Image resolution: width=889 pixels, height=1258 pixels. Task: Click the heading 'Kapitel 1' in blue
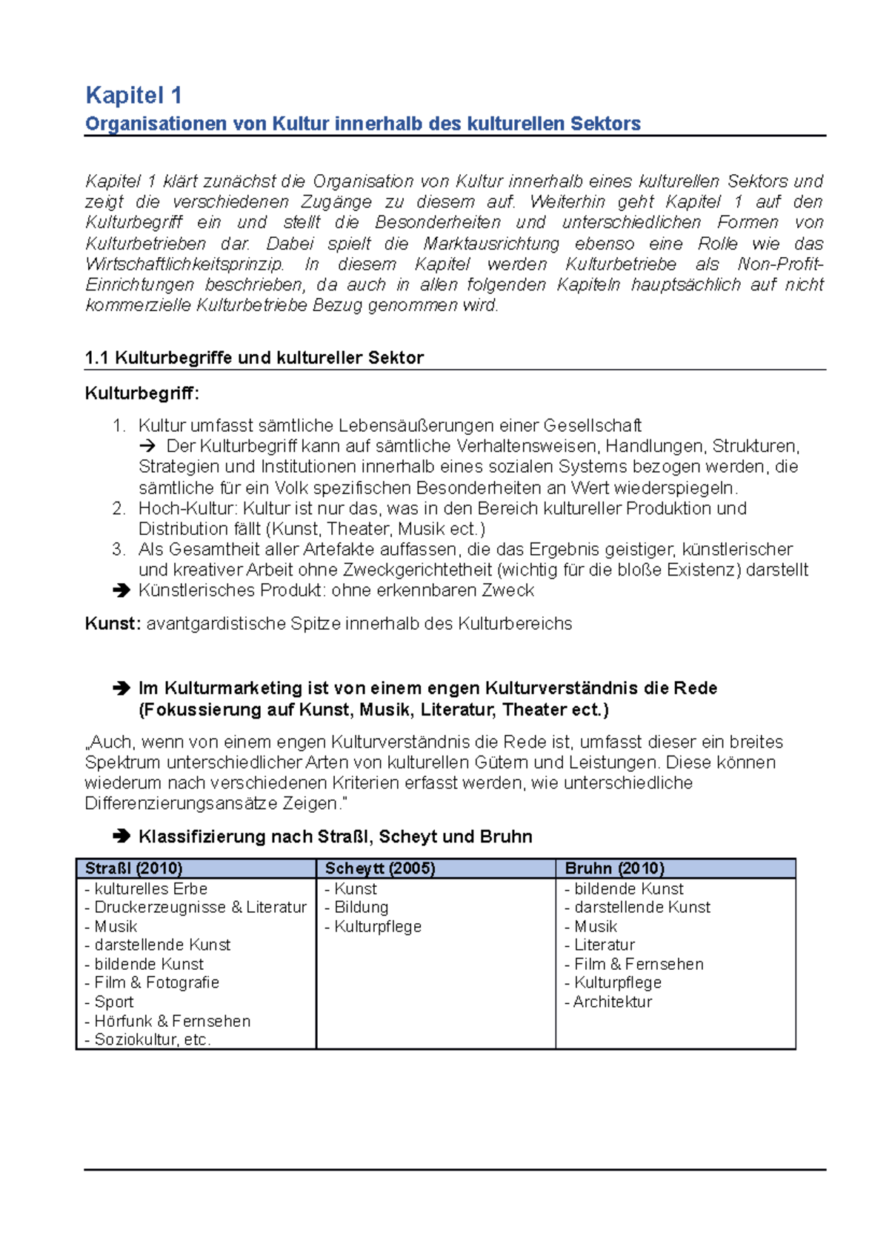pyautogui.click(x=133, y=96)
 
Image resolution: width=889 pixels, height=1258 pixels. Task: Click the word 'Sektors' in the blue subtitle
pyautogui.click(x=605, y=124)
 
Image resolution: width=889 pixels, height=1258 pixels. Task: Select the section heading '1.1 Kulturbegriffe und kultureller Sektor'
pyautogui.click(x=254, y=358)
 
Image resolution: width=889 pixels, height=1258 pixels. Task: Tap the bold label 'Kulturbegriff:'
pyautogui.click(x=142, y=393)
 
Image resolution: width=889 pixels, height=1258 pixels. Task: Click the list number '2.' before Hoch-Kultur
pyautogui.click(x=119, y=508)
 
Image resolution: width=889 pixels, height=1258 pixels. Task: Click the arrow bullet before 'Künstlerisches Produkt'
pyautogui.click(x=121, y=590)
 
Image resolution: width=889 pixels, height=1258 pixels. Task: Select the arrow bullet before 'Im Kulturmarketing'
pyautogui.click(x=121, y=688)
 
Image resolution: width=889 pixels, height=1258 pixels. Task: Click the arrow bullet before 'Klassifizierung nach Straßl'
pyautogui.click(x=121, y=836)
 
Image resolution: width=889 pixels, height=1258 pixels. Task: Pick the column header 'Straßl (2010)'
pyautogui.click(x=134, y=868)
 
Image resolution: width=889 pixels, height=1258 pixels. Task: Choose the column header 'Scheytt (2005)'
pyautogui.click(x=380, y=868)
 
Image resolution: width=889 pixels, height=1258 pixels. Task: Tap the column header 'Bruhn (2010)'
pyautogui.click(x=614, y=868)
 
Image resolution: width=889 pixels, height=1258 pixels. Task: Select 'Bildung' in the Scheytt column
pyautogui.click(x=361, y=907)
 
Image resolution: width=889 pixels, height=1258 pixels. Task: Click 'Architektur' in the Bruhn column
pyautogui.click(x=612, y=1002)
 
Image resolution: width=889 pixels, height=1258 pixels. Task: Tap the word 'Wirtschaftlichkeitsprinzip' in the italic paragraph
pyautogui.click(x=184, y=264)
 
